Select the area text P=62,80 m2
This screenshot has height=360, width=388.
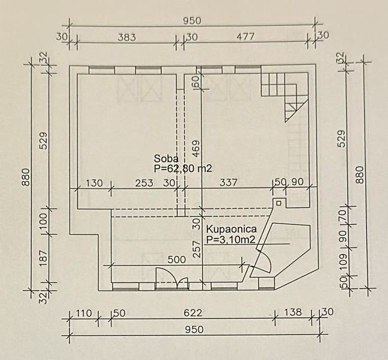pyautogui.click(x=183, y=168)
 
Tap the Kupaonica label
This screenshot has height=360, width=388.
pyautogui.click(x=232, y=229)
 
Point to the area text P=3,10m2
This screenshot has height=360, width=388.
pyautogui.click(x=230, y=239)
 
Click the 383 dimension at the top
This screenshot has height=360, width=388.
pyautogui.click(x=127, y=37)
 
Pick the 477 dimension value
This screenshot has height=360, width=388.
pyautogui.click(x=245, y=37)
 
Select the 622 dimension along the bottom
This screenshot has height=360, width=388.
pyautogui.click(x=193, y=313)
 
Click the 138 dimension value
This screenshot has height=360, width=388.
pyautogui.click(x=293, y=312)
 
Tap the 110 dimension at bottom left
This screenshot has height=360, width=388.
pyautogui.click(x=84, y=313)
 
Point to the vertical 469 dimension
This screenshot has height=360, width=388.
pyautogui.click(x=196, y=149)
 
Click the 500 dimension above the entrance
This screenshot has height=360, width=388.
pyautogui.click(x=177, y=260)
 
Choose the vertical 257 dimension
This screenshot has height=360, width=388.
pyautogui.click(x=197, y=249)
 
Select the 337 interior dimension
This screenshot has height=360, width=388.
pyautogui.click(x=229, y=183)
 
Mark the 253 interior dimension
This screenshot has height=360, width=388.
pyautogui.click(x=144, y=183)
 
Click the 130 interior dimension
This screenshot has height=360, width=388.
pyautogui.click(x=94, y=183)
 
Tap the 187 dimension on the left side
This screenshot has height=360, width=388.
pyautogui.click(x=43, y=258)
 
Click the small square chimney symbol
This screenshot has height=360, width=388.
pyautogui.click(x=279, y=203)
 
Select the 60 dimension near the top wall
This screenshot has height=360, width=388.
pyautogui.click(x=196, y=81)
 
